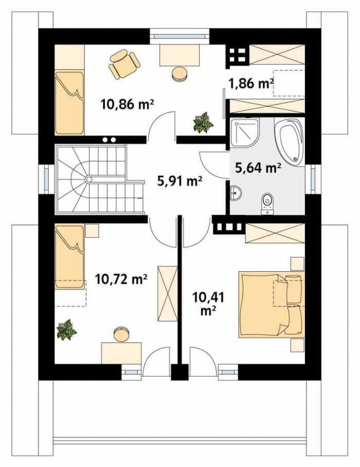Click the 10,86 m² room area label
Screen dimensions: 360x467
click(128, 104)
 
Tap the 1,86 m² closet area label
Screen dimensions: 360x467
click(251, 83)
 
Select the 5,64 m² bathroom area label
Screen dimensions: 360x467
click(258, 168)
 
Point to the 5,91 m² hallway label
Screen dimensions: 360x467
click(180, 181)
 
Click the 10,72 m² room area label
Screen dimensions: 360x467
click(121, 279)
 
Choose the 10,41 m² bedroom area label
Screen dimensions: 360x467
click(208, 304)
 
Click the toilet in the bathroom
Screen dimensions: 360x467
click(267, 204)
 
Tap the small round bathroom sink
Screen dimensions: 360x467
click(236, 192)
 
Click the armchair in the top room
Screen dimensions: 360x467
click(124, 64)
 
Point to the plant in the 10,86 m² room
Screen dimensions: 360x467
click(203, 122)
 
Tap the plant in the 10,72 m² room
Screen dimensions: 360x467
click(66, 329)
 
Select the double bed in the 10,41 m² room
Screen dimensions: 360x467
click(271, 304)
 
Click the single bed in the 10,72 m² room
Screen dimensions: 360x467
click(70, 257)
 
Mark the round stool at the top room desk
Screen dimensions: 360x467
click(180, 73)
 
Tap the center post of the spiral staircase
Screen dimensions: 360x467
click(88, 179)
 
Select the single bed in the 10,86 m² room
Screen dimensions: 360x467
click(69, 102)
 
